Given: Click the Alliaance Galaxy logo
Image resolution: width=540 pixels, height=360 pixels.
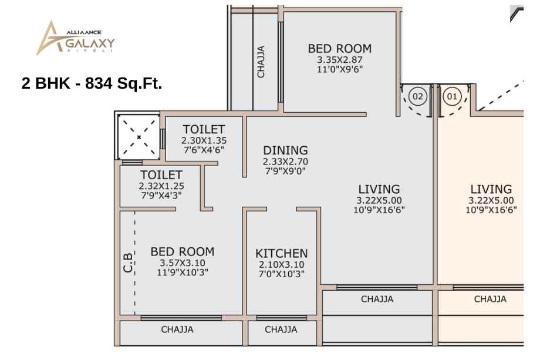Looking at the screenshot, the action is tap(75, 38).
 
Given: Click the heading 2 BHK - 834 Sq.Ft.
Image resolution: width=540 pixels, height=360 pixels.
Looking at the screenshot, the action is tap(92, 83).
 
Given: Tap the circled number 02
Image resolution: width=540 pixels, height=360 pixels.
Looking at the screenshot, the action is tap(417, 96).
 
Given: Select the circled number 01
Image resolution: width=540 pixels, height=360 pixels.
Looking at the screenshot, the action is tap(452, 96).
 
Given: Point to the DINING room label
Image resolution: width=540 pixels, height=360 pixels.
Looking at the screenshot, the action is tap(285, 150).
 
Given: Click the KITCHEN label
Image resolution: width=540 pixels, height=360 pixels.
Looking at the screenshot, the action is tap(281, 254).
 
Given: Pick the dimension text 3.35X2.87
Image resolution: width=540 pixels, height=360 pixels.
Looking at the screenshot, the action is tap(340, 60).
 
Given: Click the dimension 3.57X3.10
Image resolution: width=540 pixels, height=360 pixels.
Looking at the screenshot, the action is tap(182, 263).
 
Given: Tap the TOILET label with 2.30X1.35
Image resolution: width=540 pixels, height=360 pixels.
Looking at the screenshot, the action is tap(204, 130).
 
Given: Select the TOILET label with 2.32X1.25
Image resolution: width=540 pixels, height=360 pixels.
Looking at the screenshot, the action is tap(161, 175).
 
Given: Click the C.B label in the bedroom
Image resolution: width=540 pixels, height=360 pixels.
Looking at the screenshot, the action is tap(128, 263).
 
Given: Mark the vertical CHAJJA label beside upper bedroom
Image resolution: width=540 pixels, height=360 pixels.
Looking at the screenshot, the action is tap(261, 62).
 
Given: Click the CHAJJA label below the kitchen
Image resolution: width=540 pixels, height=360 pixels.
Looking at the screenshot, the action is tap(281, 329).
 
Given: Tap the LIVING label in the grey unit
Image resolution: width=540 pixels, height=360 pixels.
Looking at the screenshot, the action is tap(379, 190).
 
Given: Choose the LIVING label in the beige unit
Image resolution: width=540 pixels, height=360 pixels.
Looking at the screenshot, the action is tap(491, 190).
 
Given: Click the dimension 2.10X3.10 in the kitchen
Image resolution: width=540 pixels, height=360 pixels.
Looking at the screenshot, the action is tap(281, 265).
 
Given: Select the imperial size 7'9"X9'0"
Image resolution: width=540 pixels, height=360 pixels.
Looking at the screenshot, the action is tap(285, 171).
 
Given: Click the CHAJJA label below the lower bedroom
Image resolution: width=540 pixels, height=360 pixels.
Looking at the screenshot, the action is tap(177, 329).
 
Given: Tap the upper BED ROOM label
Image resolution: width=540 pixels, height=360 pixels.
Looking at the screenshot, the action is tap(340, 49).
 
